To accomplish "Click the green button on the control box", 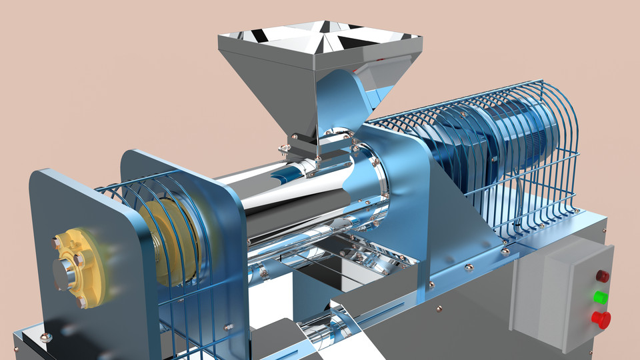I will [x=601, y=297].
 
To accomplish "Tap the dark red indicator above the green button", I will [x=602, y=275].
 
